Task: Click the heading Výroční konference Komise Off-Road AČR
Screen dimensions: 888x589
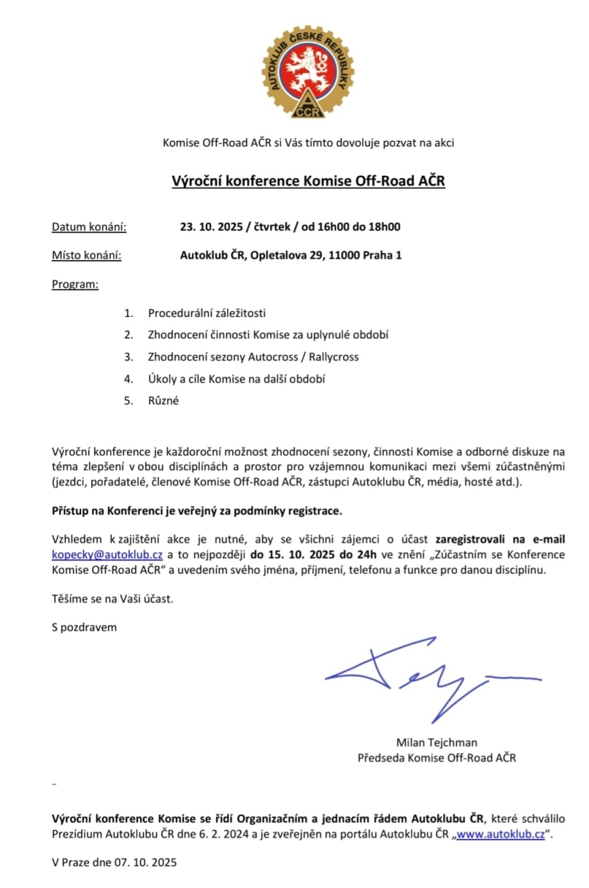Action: click(308, 181)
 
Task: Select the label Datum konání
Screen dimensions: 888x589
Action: click(89, 227)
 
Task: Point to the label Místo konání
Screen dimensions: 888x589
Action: click(86, 255)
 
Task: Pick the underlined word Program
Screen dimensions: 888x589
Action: click(75, 284)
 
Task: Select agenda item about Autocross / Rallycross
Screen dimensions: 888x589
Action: click(253, 356)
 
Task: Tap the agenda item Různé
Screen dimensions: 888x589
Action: click(163, 401)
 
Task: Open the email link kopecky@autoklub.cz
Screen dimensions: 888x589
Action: click(107, 555)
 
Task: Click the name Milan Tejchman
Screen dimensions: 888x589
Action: click(436, 742)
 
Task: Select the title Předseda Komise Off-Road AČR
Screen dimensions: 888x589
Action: click(436, 757)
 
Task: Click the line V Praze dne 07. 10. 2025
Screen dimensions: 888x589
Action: click(113, 861)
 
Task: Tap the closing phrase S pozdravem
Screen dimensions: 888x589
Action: click(84, 626)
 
